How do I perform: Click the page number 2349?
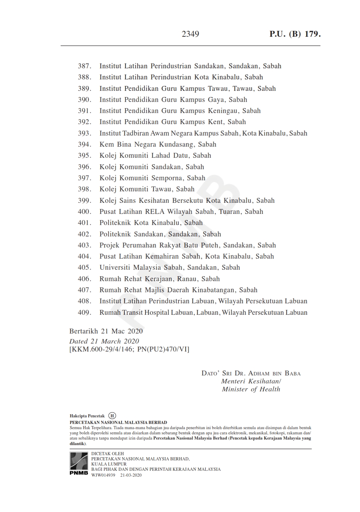coord(190,34)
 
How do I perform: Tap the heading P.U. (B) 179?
coord(295,34)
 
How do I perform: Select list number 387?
coord(85,66)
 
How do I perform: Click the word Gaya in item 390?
coord(216,100)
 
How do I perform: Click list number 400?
coord(85,211)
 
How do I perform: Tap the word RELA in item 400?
coord(155,211)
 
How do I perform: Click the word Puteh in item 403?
coord(210,245)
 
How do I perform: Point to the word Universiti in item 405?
coord(115,267)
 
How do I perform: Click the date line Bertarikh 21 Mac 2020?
coord(106,331)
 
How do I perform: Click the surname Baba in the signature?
coord(292,373)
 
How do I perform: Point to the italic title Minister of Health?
coord(251,389)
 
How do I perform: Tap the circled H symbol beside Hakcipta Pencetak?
coord(112,416)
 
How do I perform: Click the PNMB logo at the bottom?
coord(79,463)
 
